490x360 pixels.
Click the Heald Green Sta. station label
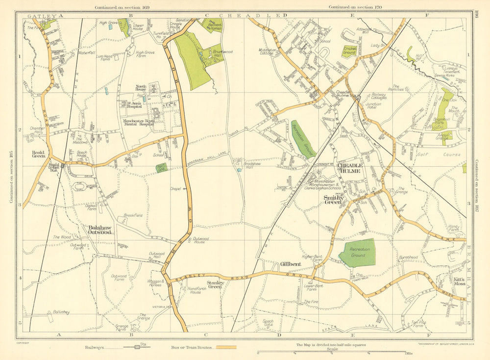tap(54, 167)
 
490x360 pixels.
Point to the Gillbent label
tap(291, 264)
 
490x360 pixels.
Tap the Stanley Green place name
tap(215, 284)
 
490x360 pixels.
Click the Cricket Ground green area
tap(349, 51)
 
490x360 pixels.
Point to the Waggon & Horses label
tap(156, 283)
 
